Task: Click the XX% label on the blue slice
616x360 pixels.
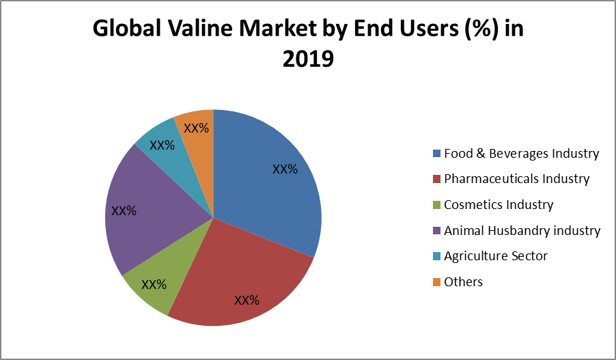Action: (x=285, y=169)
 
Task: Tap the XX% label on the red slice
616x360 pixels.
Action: (x=247, y=300)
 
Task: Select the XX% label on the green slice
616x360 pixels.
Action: (x=154, y=284)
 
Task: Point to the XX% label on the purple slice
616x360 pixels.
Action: (x=124, y=211)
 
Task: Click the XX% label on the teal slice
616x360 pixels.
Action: (x=162, y=145)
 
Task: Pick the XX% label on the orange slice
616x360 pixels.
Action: (x=196, y=128)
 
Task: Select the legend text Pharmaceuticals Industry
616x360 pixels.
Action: (x=516, y=179)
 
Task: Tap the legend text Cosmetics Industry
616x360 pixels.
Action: (x=499, y=204)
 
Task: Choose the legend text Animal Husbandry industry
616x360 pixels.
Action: (x=522, y=230)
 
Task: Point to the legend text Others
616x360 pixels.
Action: (x=463, y=281)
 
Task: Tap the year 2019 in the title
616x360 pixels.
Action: (x=308, y=59)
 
